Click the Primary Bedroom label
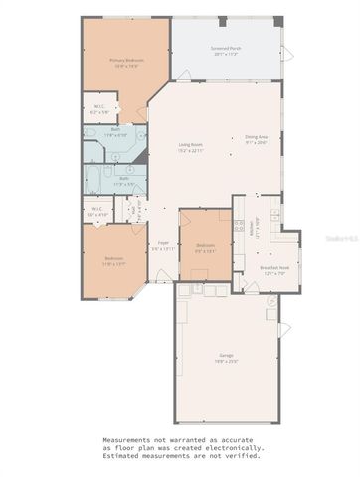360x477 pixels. coord(127,59)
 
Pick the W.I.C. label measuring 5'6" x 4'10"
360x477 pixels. coord(96,210)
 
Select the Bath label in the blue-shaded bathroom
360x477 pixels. coord(116,129)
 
